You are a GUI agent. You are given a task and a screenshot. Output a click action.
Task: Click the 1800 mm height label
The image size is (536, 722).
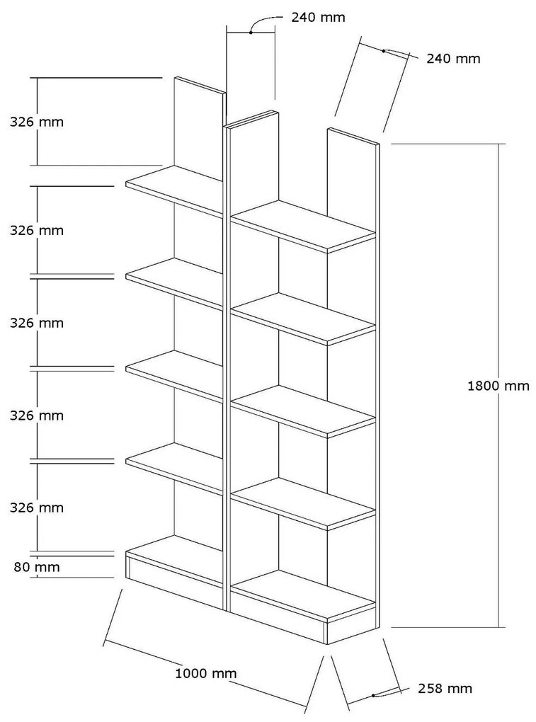coord(498,386)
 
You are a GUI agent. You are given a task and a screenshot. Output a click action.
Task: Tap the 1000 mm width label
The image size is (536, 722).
coord(205,673)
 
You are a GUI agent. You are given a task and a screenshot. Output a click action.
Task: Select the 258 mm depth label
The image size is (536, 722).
coord(444,688)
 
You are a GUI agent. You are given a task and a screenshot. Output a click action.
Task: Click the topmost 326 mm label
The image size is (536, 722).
coord(36,122)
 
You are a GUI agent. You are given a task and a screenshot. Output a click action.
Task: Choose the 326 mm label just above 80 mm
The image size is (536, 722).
coord(36,508)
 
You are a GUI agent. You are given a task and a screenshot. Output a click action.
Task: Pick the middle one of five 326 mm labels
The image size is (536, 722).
coord(36,323)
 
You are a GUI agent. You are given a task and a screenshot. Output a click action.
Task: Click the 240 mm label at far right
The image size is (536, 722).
coord(453,59)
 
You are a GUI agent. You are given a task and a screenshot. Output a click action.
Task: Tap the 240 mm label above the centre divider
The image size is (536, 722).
coord(319,18)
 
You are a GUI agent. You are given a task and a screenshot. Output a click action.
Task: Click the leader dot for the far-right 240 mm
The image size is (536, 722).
coord(383,51)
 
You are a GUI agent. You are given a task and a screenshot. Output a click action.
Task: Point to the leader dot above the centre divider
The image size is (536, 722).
coord(251,32)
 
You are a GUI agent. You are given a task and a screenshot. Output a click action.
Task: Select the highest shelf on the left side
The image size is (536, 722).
coord(173,189)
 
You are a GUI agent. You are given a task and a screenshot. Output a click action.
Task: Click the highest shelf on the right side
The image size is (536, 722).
coord(303,225)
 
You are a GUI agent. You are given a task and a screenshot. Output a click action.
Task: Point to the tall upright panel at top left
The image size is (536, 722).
coord(199,127)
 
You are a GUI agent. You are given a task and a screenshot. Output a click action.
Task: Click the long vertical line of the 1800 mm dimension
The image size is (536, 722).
coord(502,283)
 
